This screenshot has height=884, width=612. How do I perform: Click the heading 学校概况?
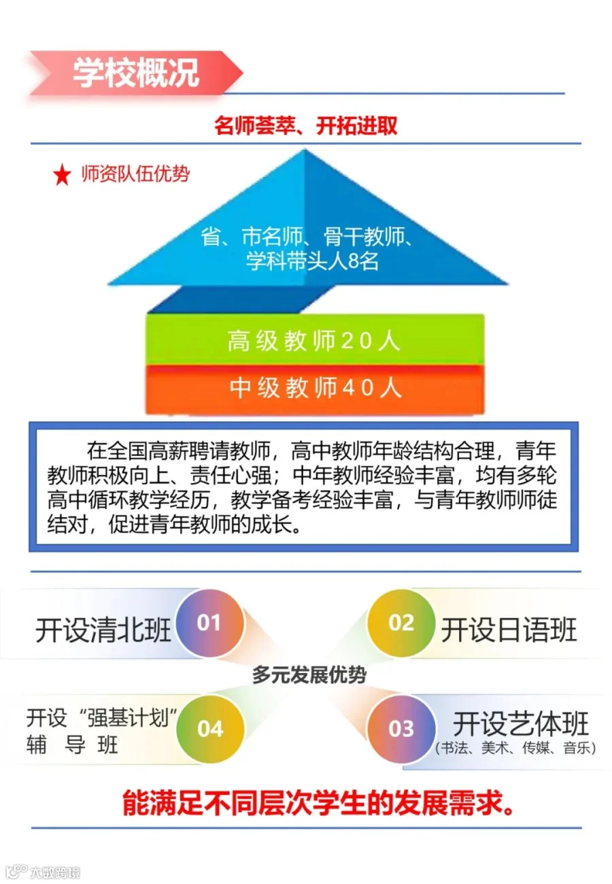click(x=136, y=71)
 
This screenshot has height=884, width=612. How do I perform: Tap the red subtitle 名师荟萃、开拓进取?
click(x=305, y=127)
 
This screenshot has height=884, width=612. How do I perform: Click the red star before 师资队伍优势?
click(x=62, y=176)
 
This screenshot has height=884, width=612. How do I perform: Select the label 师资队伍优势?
click(x=135, y=174)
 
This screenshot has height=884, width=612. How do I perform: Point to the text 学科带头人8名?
click(x=312, y=261)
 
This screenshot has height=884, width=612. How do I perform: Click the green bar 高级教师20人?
click(x=314, y=340)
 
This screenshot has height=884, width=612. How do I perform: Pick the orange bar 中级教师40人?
click(x=314, y=388)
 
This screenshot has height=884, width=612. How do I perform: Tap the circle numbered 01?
click(x=209, y=623)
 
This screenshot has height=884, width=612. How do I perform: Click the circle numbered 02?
click(x=401, y=623)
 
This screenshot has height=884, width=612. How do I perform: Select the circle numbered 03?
click(x=401, y=729)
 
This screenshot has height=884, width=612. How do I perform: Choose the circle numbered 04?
click(x=210, y=729)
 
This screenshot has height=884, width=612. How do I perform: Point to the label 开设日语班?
click(x=509, y=630)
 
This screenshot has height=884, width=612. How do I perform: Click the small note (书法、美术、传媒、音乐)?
click(x=515, y=749)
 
